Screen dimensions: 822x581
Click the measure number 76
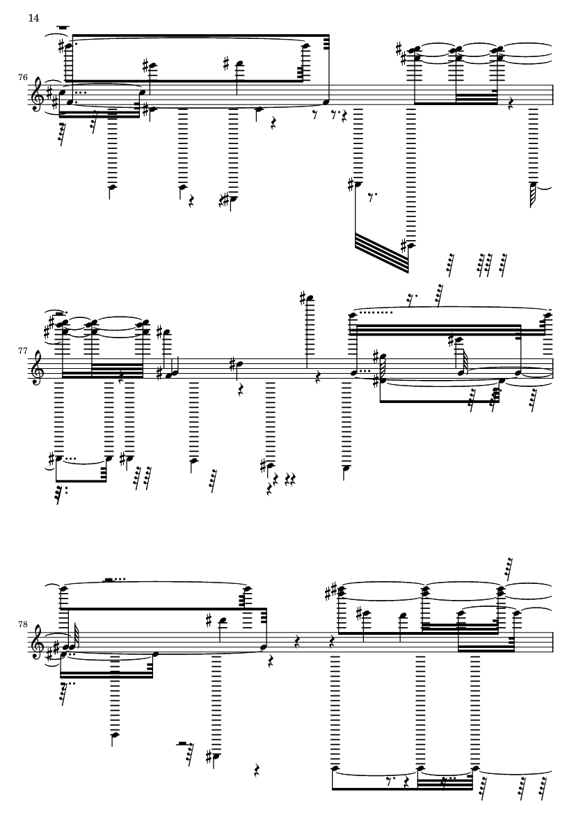click(x=24, y=77)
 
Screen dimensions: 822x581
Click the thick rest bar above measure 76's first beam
click(x=64, y=29)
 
